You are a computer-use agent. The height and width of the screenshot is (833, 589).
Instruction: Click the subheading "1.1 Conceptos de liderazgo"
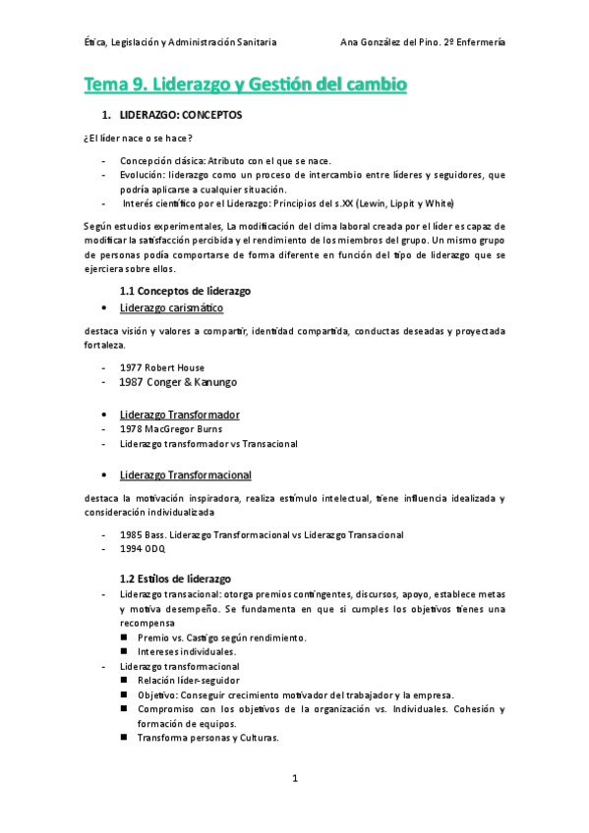pos(185,291)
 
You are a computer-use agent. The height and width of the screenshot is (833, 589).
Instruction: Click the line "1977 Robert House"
pos(162,367)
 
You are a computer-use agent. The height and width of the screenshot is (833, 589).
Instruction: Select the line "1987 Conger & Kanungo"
pos(178,382)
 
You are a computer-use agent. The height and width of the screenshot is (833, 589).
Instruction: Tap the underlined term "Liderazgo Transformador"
pos(186,415)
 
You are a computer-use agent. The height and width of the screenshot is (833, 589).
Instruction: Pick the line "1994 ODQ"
pos(143,549)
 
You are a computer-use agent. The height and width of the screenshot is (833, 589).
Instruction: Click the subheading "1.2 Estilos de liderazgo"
pos(175,579)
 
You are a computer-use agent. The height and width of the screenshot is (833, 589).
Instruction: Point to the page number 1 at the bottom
pos(294,779)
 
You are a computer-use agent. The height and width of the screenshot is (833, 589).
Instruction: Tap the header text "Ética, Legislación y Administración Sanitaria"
pos(180,42)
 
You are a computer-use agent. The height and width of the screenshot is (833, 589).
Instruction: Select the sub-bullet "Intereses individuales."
pos(187,651)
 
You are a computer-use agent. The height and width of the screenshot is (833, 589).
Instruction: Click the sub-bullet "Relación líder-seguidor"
pos(188,680)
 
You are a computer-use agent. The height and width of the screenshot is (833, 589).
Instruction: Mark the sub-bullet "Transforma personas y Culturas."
pos(208,738)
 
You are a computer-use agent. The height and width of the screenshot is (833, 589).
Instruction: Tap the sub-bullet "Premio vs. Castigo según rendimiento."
pos(222,638)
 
